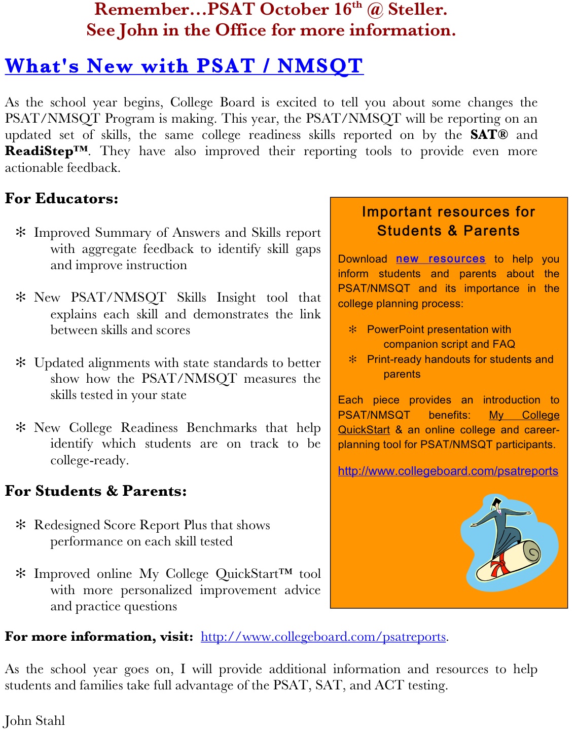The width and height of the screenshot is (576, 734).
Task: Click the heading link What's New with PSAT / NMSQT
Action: pyautogui.click(x=184, y=66)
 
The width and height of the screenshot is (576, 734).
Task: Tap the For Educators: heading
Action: pyautogui.click(x=61, y=199)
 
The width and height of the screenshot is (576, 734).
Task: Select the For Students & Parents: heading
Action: pyautogui.click(x=96, y=491)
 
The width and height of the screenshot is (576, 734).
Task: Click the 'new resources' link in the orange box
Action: pyautogui.click(x=440, y=259)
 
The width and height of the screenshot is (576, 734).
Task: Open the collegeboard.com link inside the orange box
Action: pyautogui.click(x=448, y=471)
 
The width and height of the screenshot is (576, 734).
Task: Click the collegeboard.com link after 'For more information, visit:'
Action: pyautogui.click(x=323, y=637)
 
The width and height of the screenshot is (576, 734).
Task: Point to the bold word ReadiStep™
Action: pyautogui.click(x=46, y=151)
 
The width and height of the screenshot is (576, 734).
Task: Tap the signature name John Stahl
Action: pyautogui.click(x=35, y=720)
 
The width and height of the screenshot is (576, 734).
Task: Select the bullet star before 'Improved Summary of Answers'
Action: pyautogui.click(x=21, y=233)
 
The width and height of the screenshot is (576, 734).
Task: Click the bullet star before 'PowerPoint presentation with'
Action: pyautogui.click(x=353, y=329)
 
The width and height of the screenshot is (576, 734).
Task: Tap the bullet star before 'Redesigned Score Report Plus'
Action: pyautogui.click(x=21, y=525)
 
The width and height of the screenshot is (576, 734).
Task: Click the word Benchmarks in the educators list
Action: pyautogui.click(x=222, y=428)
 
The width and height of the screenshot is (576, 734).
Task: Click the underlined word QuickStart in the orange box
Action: pyautogui.click(x=364, y=430)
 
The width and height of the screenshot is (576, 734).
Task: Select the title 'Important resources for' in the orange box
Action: pyautogui.click(x=448, y=212)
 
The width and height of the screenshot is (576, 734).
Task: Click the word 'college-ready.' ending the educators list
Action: pyautogui.click(x=89, y=460)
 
